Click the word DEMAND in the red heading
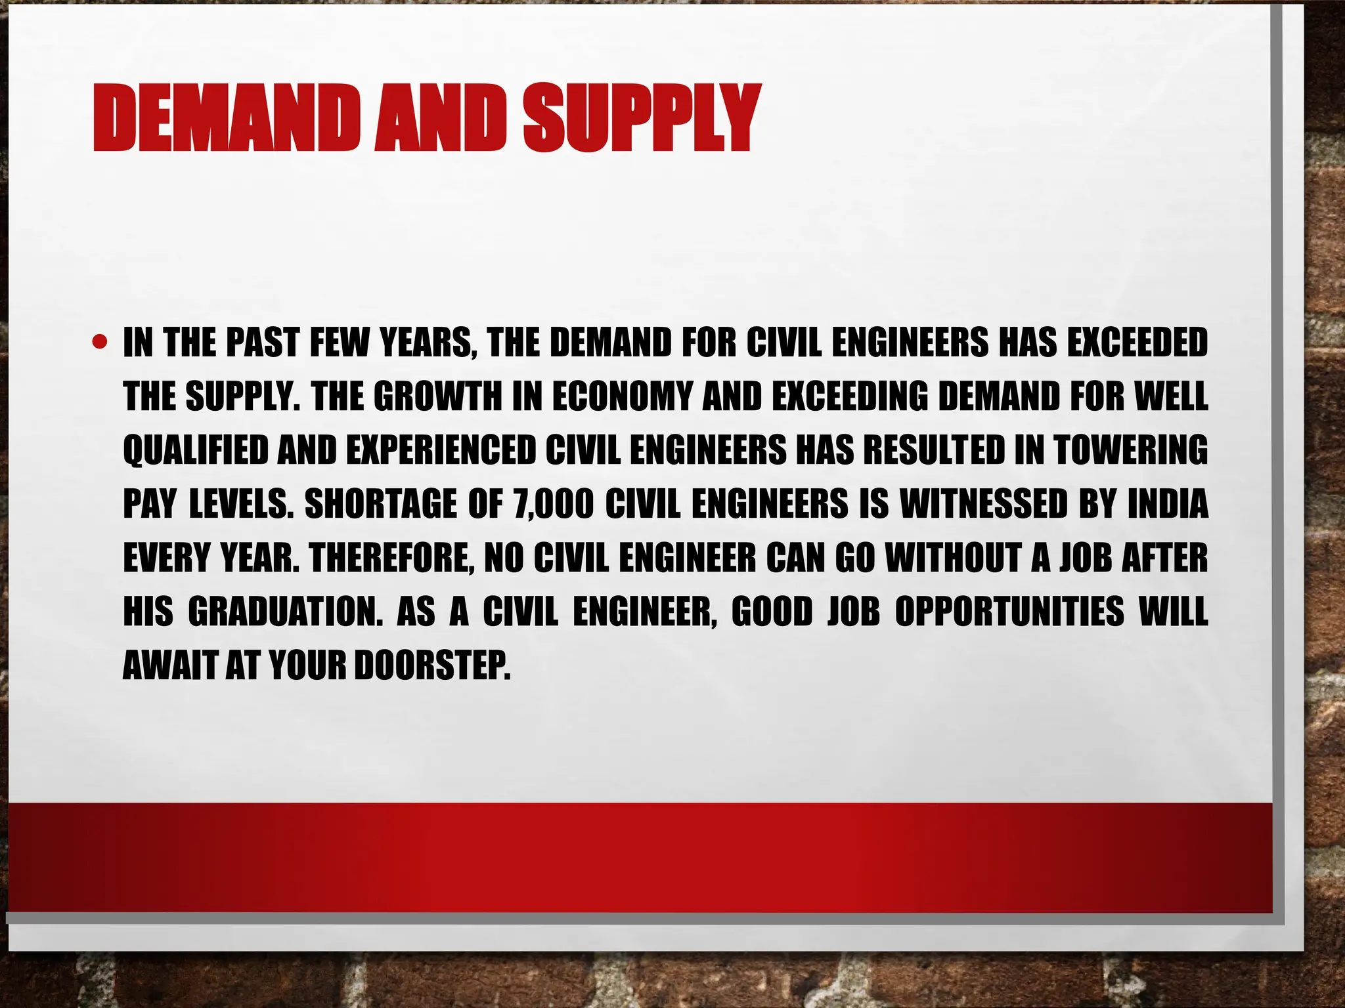point(217,119)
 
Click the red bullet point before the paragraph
point(100,342)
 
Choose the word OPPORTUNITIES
point(1009,612)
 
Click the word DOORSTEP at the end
point(431,665)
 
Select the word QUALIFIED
point(195,450)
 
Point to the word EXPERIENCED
point(441,450)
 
